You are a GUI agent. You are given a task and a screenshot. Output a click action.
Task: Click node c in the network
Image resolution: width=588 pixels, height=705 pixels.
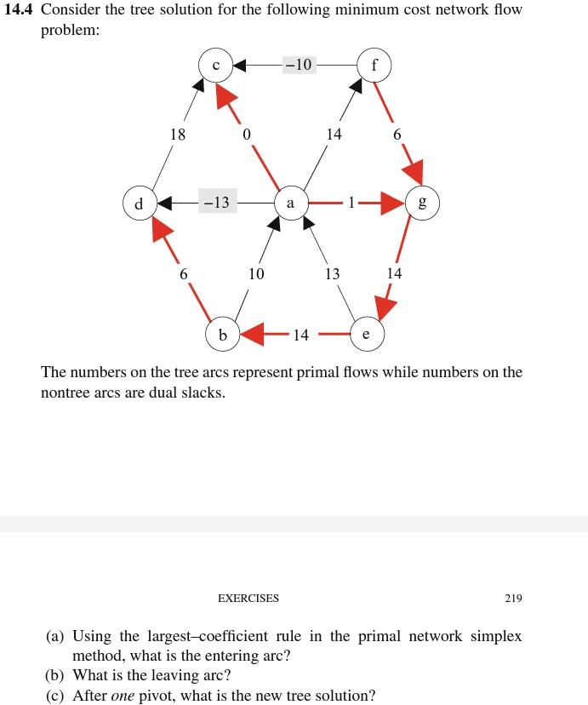tap(216, 65)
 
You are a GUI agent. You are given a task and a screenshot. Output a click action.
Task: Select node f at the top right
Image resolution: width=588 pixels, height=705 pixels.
tap(375, 65)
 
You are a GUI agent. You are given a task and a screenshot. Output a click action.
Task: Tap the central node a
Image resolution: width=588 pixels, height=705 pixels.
tap(291, 203)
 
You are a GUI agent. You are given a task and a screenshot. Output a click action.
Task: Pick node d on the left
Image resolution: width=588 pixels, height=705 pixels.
tap(138, 204)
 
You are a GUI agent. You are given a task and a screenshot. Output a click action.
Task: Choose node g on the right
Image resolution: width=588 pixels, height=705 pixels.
tap(424, 203)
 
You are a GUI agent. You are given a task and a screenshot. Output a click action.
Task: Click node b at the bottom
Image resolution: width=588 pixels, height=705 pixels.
tap(223, 335)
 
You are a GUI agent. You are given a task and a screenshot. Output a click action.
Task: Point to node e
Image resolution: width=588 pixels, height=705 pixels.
tap(366, 335)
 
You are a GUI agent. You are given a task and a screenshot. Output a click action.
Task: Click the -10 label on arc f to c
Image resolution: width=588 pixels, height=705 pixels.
tap(300, 65)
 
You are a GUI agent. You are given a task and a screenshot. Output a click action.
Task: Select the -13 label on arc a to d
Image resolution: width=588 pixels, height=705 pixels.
tap(215, 203)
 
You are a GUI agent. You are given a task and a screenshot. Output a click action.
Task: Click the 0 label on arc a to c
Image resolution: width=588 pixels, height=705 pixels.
tap(246, 135)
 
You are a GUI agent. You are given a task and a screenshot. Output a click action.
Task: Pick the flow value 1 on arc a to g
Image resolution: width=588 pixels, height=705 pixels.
tap(350, 203)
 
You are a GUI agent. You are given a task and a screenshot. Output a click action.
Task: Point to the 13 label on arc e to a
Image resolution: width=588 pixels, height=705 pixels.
tap(332, 274)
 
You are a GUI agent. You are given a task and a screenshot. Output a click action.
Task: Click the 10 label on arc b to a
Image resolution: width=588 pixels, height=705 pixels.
tap(256, 274)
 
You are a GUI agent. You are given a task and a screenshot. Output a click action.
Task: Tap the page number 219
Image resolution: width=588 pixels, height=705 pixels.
tap(512, 599)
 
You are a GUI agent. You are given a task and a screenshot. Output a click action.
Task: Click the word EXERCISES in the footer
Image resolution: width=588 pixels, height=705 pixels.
tap(248, 599)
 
